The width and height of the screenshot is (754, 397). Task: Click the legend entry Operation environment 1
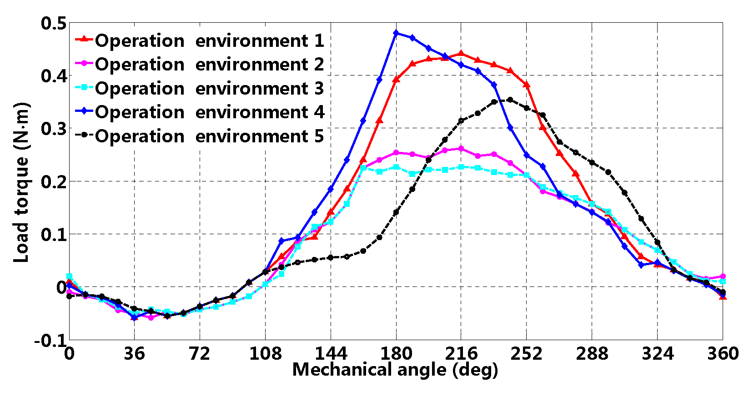click(x=209, y=41)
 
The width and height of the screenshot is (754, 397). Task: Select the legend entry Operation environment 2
click(x=209, y=65)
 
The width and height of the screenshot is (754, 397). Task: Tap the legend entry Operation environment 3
click(x=209, y=89)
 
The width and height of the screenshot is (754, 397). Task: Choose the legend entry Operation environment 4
click(x=209, y=112)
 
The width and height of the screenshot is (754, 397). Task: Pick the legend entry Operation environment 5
click(x=209, y=136)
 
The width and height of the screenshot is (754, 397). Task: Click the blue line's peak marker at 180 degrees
click(x=396, y=33)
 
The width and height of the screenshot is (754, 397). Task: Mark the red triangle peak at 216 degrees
click(x=461, y=54)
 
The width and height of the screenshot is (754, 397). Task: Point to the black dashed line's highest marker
click(x=510, y=100)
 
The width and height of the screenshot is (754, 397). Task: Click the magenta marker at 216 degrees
click(x=461, y=149)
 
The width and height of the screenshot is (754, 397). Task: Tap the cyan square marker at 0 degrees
click(x=70, y=276)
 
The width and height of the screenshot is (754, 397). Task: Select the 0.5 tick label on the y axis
click(x=53, y=24)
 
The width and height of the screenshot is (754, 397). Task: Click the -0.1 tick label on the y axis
click(x=50, y=340)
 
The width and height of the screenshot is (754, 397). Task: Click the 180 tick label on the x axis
click(x=396, y=354)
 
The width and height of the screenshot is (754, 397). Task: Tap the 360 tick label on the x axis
click(x=722, y=354)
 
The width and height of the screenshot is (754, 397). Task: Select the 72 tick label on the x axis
click(x=200, y=354)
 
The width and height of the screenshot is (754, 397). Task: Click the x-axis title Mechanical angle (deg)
click(x=395, y=370)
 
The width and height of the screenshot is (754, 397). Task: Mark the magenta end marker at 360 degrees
click(x=723, y=276)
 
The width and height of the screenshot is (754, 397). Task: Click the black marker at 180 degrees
click(x=396, y=212)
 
